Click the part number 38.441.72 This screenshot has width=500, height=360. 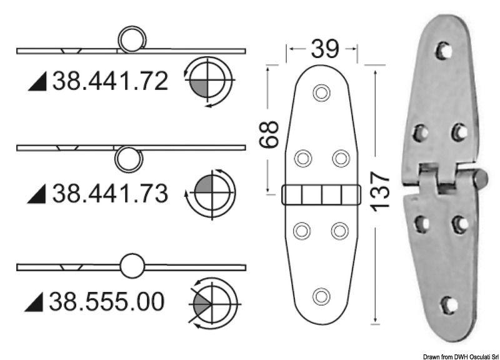click(110, 81)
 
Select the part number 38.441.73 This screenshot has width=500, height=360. click(110, 194)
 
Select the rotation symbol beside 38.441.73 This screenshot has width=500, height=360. click(211, 193)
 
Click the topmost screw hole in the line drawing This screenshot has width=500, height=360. click(321, 93)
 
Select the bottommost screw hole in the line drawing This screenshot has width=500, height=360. click(321, 295)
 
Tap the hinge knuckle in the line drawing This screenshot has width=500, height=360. click(321, 195)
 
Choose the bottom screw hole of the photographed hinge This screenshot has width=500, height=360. click(447, 304)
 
